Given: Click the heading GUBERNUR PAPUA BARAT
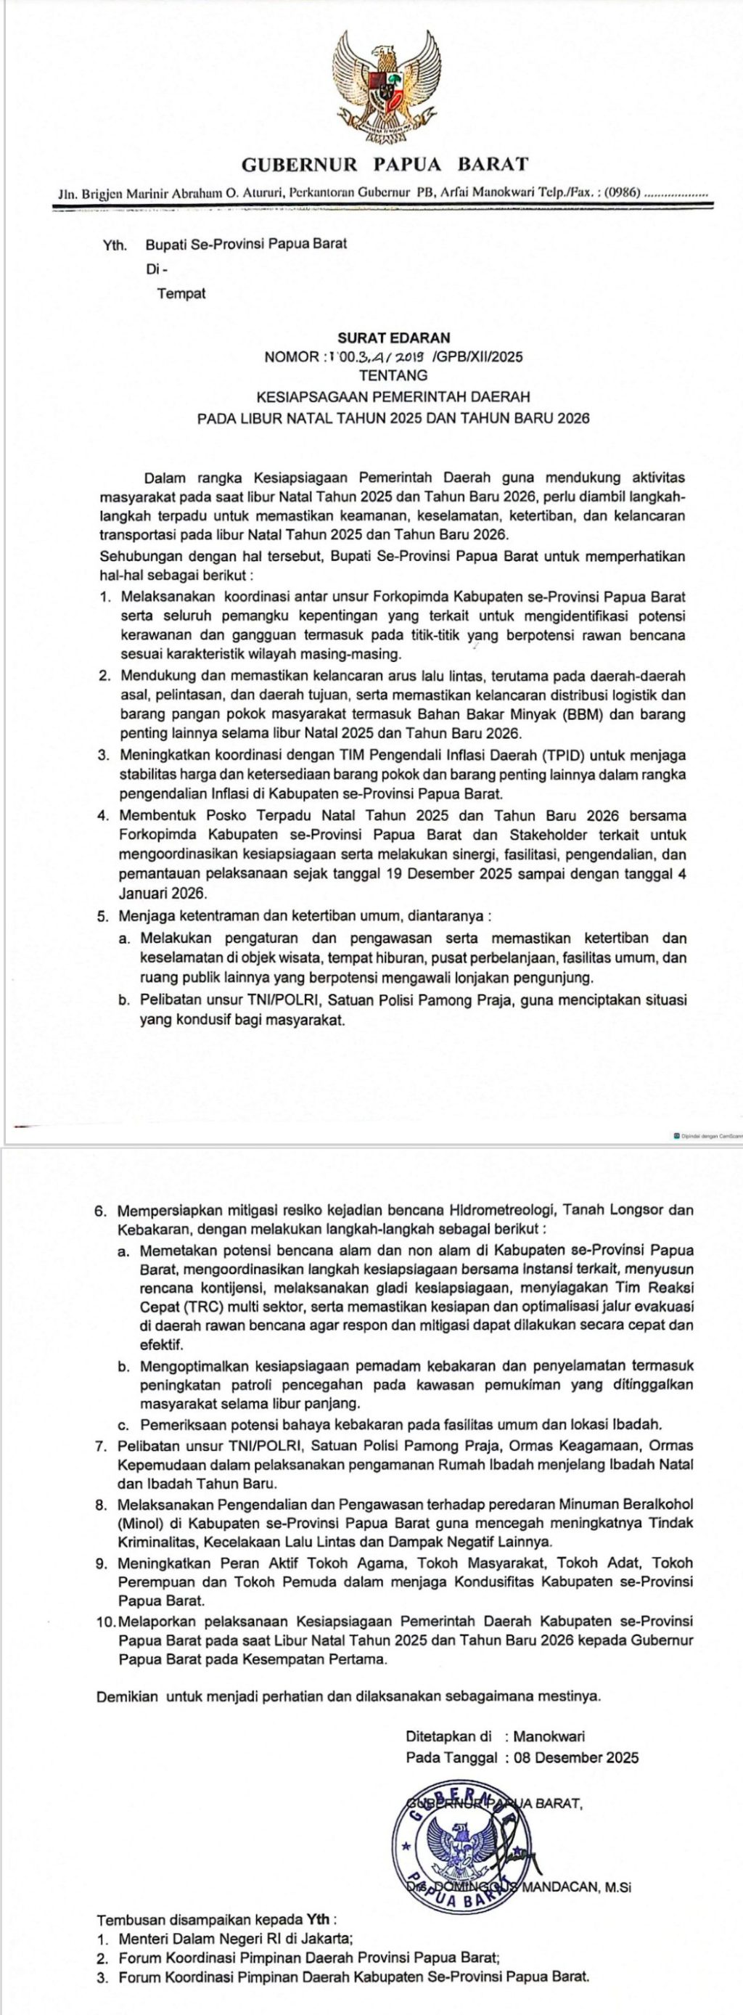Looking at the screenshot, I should coord(385,164).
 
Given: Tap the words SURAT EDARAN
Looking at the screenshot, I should coord(393,338).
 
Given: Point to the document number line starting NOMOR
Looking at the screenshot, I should coord(393,357).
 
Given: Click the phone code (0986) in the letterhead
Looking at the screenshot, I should coord(623,192).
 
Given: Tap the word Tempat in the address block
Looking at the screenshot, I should coord(181,294).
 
